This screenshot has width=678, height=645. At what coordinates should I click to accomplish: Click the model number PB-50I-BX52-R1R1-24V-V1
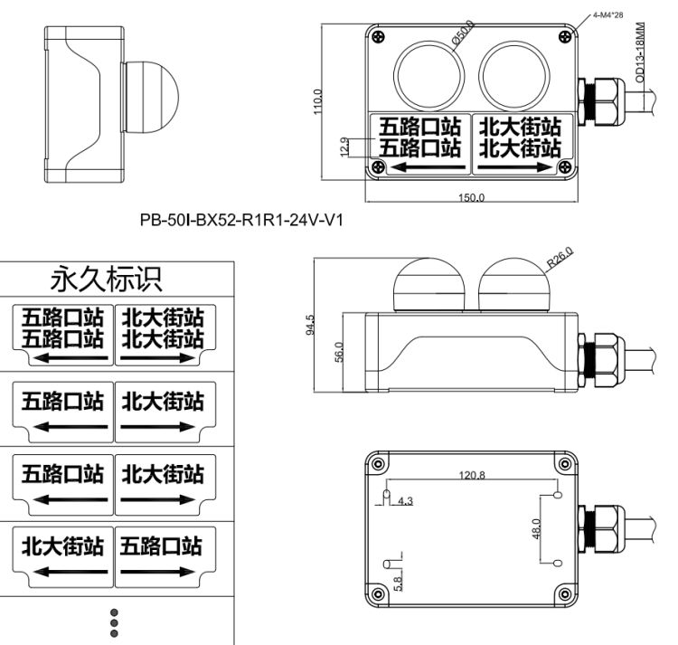tap(241, 220)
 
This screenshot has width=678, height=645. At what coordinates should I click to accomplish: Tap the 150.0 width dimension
tap(471, 198)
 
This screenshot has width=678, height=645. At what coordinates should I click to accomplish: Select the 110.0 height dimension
tap(318, 101)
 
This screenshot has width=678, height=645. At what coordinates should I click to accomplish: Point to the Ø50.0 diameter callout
tap(463, 33)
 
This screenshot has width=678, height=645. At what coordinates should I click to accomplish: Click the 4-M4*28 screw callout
tap(608, 15)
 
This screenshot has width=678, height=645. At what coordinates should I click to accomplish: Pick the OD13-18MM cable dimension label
tap(640, 52)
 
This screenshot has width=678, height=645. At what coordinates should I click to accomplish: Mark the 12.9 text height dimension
tap(344, 147)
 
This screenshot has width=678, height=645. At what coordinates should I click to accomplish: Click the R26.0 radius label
tap(560, 257)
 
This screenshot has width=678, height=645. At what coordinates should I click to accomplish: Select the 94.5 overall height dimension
tap(310, 325)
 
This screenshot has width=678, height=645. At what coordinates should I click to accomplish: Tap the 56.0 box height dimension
tap(339, 352)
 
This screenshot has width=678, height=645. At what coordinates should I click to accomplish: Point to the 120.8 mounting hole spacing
tap(472, 476)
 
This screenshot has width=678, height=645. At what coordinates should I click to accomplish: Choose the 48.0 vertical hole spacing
tap(536, 528)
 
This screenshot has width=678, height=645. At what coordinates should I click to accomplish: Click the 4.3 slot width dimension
tap(405, 501)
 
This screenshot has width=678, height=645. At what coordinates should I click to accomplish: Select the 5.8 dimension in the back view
tap(398, 583)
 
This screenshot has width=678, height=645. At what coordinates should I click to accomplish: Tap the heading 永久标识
tap(107, 279)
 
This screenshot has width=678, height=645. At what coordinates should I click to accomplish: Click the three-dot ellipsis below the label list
tap(114, 623)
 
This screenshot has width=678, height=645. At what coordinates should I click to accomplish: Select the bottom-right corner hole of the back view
tap(565, 594)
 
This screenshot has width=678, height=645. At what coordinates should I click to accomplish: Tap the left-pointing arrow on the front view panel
tap(428, 167)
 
